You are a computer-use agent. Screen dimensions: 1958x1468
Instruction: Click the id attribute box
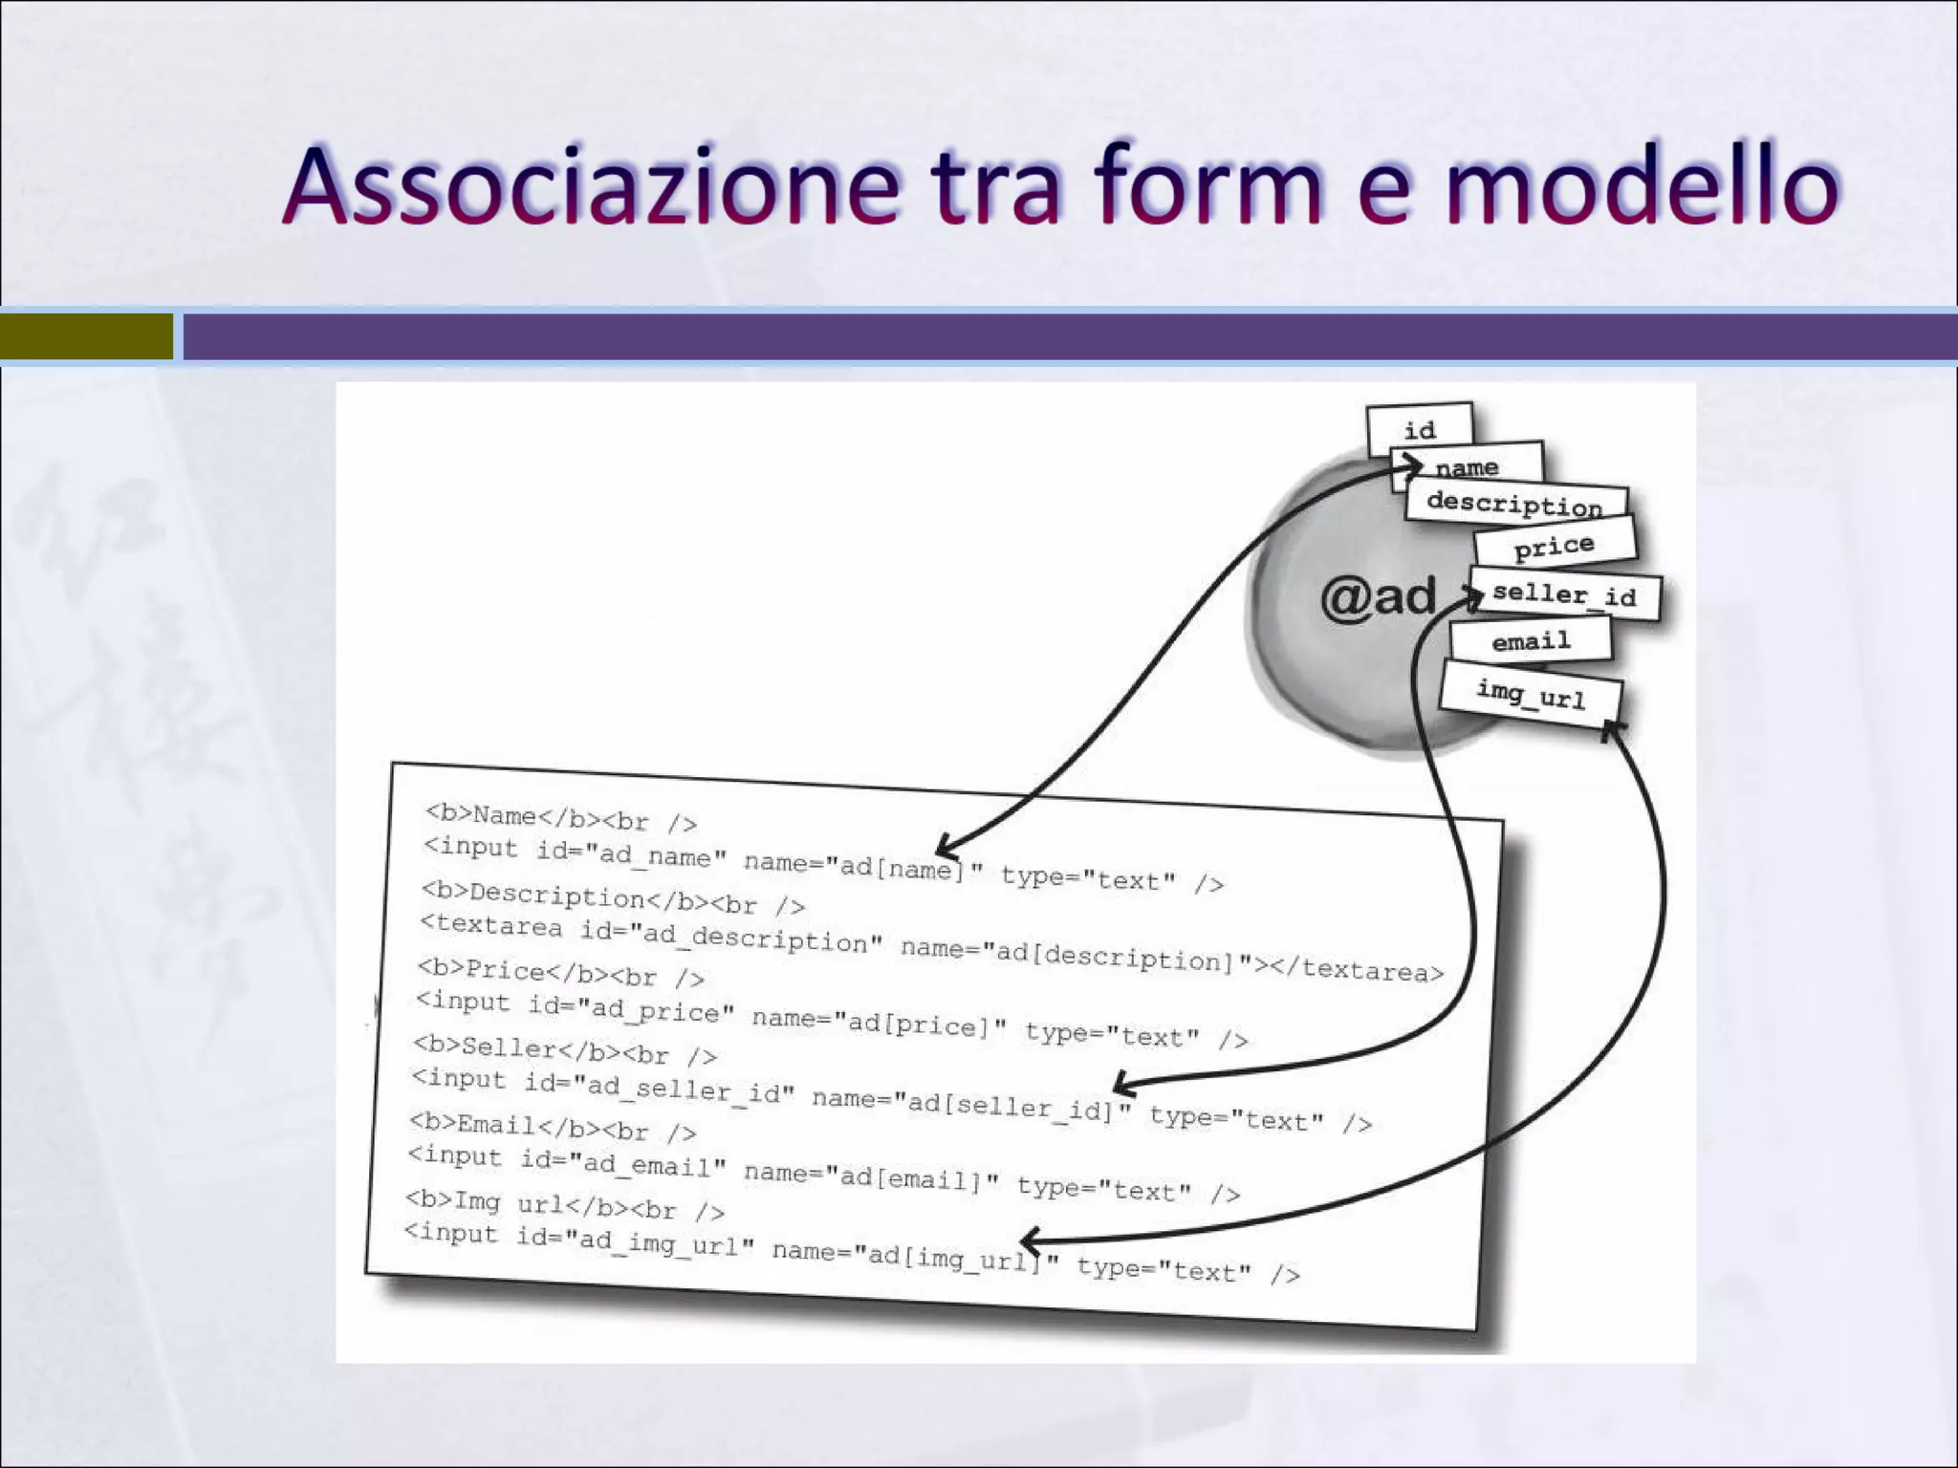coord(1420,429)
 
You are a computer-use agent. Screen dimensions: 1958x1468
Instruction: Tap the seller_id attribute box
coord(1564,594)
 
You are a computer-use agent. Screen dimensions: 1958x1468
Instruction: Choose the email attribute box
coord(1531,641)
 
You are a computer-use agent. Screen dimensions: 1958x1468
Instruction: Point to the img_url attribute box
coord(1531,695)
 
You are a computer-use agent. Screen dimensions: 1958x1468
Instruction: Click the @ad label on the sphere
coord(1378,597)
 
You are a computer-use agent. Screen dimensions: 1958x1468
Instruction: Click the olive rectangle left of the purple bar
coord(86,336)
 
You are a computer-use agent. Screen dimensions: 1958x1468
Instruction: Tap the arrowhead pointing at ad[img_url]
coord(1028,1241)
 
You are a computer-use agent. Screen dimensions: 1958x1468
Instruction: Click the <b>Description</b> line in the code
coord(612,899)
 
